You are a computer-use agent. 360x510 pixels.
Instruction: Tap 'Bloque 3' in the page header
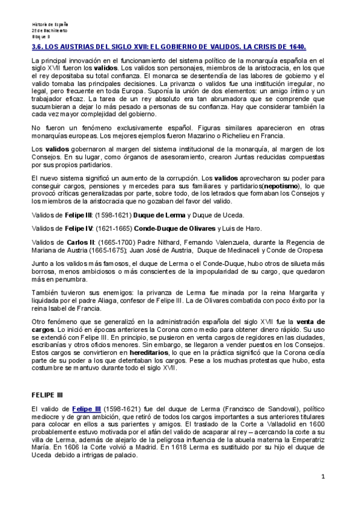[41, 36]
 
